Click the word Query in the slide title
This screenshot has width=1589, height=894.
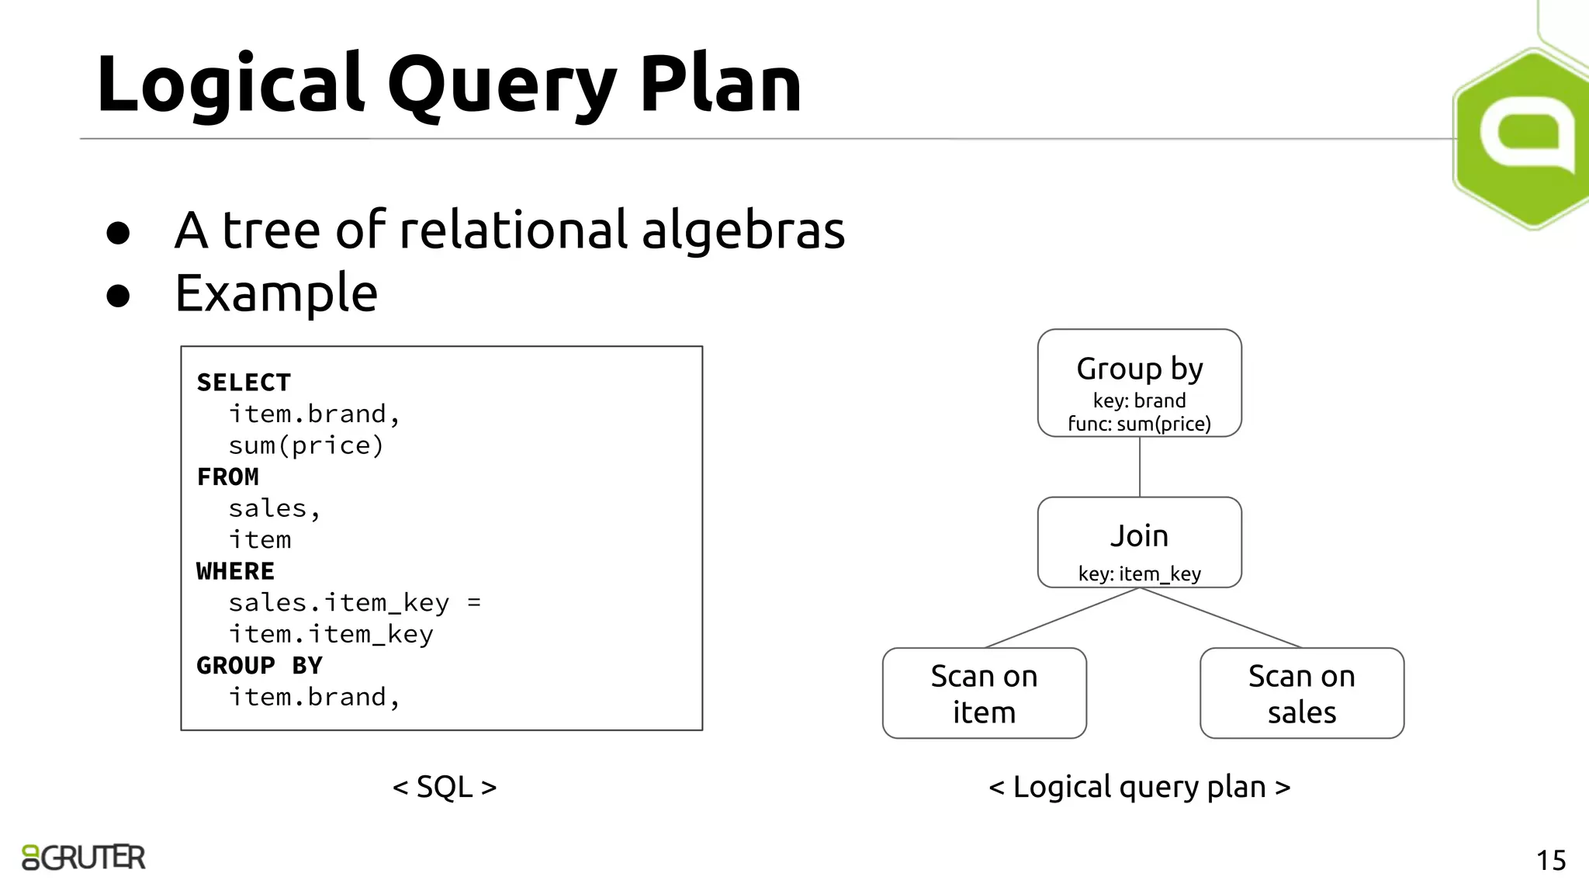(x=502, y=85)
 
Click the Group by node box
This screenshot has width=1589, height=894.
(x=1139, y=383)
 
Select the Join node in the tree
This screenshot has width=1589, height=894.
(x=1139, y=541)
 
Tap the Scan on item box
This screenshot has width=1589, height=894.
(x=984, y=693)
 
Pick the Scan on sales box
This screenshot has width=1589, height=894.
(x=1301, y=693)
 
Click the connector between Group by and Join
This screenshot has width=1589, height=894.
(x=1139, y=466)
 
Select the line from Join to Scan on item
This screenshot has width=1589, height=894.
(x=1061, y=618)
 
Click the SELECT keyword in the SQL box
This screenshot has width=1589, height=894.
(x=244, y=383)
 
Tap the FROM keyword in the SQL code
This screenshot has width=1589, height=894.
(x=227, y=476)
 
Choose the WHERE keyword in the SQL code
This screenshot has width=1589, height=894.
(x=235, y=571)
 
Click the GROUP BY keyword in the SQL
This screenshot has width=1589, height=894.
(x=259, y=665)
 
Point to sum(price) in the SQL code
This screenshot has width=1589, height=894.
(x=306, y=445)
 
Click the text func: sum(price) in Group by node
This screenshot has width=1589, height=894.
(x=1139, y=424)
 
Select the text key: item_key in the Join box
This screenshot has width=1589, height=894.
(x=1139, y=573)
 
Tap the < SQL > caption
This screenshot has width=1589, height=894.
(x=444, y=787)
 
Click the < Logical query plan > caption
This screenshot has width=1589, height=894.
(x=1139, y=787)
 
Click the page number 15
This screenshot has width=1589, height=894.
(x=1550, y=860)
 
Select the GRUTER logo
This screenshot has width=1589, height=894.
(x=84, y=857)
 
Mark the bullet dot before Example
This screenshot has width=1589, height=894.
(x=118, y=296)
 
